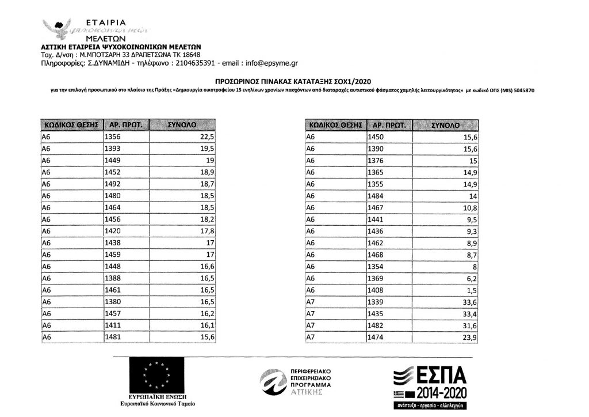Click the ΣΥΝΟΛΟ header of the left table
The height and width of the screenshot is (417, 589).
pyautogui.click(x=181, y=124)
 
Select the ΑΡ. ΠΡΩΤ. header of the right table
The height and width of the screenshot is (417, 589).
pyautogui.click(x=389, y=124)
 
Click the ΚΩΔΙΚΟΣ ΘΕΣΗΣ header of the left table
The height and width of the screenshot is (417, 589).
pyautogui.click(x=71, y=124)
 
